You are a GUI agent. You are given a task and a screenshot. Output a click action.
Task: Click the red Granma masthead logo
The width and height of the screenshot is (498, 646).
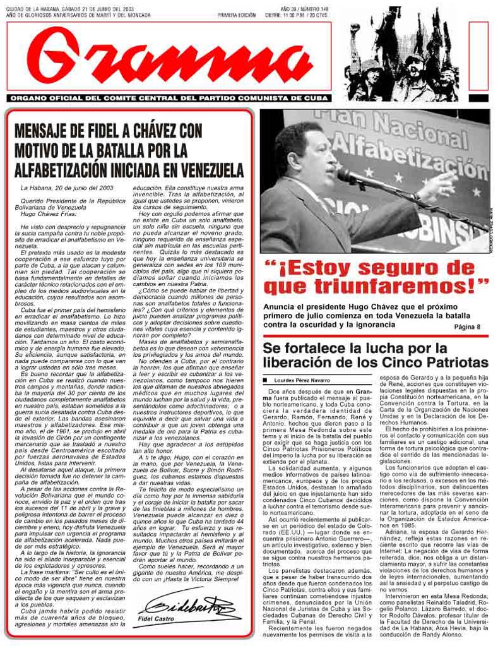tap(169, 58)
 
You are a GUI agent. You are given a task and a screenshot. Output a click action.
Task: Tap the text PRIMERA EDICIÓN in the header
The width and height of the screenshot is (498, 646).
tap(236, 15)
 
